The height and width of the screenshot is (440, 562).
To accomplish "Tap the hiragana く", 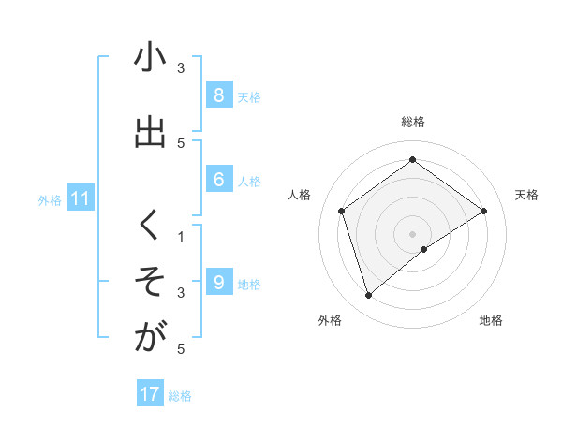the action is pyautogui.click(x=150, y=226).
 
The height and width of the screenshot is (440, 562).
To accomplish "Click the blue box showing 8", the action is pyautogui.click(x=218, y=95).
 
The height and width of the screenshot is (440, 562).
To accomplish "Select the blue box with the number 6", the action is pyautogui.click(x=218, y=180).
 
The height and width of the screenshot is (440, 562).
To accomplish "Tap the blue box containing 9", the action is pyautogui.click(x=218, y=283).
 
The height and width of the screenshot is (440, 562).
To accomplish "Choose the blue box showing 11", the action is pyautogui.click(x=80, y=198).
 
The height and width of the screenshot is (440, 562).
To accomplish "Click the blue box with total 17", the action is pyautogui.click(x=150, y=394).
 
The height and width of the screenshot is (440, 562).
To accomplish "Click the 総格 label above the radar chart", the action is pyautogui.click(x=413, y=122).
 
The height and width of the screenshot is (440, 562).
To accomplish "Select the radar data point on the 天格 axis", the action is pyautogui.click(x=483, y=211).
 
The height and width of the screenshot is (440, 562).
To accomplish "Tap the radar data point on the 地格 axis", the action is pyautogui.click(x=424, y=249).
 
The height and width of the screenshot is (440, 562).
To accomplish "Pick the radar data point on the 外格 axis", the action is pyautogui.click(x=369, y=296).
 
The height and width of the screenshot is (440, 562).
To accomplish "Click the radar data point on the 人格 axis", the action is pyautogui.click(x=342, y=211).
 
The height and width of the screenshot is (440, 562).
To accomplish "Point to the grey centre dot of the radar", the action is pyautogui.click(x=413, y=233).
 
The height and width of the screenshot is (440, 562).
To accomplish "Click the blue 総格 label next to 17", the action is pyautogui.click(x=180, y=396).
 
